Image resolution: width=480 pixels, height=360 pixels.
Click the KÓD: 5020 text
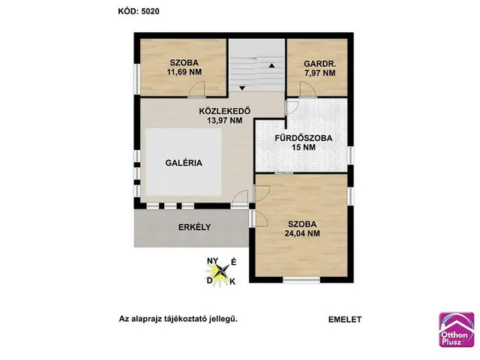[139, 11]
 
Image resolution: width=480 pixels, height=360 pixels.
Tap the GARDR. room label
[320, 64]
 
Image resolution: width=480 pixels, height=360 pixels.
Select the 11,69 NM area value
[184, 72]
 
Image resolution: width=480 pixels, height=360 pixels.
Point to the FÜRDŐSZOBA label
[303, 138]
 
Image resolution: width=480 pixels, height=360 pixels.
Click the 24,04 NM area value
[302, 233]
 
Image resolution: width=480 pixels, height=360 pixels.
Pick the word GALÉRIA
[184, 163]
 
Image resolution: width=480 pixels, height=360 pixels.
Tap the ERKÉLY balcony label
[195, 227]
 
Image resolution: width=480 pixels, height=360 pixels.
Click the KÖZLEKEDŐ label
[225, 110]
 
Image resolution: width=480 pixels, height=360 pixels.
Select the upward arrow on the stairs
[271, 65]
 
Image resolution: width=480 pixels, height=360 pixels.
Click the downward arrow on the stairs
[242, 88]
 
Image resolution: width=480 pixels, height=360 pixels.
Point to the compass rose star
[220, 271]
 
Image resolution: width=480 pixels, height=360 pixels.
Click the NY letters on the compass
[212, 261]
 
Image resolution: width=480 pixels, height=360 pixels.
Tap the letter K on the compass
[232, 282]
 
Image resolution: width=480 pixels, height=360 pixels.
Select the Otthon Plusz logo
[457, 329]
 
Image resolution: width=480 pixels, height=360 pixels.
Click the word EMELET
[345, 319]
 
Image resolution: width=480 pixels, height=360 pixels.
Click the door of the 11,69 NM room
[196, 90]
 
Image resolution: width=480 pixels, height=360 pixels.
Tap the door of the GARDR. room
[308, 90]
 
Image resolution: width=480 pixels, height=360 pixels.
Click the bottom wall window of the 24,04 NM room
[301, 280]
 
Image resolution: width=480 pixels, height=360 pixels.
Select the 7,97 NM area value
[320, 73]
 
